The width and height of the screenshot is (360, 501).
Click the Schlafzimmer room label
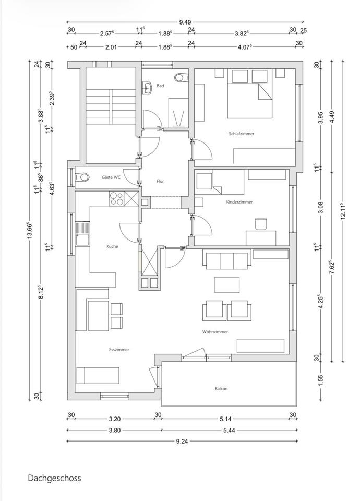click(242, 134)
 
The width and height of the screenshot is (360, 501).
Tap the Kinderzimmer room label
click(239, 202)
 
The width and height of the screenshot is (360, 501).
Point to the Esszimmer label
click(119, 350)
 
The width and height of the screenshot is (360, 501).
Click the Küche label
click(112, 246)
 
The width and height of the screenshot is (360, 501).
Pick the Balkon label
click(221, 388)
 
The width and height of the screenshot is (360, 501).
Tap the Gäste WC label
click(111, 178)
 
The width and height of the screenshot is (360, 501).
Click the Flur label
click(161, 182)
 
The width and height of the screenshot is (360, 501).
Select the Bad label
click(160, 86)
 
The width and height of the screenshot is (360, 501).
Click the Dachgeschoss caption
click(55, 478)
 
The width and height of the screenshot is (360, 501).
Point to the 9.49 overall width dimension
click(184, 22)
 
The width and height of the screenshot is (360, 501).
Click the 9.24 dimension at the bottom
click(182, 441)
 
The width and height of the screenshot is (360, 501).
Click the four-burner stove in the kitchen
click(116, 198)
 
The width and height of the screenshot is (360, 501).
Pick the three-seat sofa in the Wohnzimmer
click(226, 260)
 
